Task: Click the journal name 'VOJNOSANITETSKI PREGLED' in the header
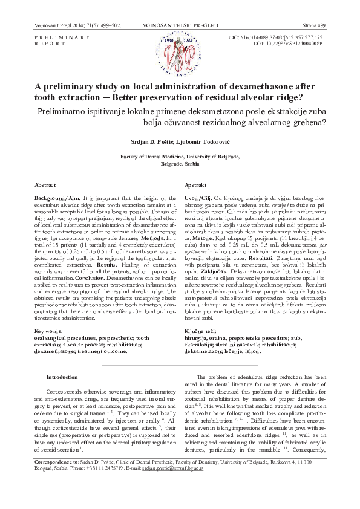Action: click(179, 25)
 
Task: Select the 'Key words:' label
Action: click(50, 331)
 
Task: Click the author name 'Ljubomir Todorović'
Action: click(200, 141)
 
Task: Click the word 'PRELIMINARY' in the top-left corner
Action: click(55, 37)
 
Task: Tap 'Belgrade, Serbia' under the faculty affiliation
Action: click(180, 164)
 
